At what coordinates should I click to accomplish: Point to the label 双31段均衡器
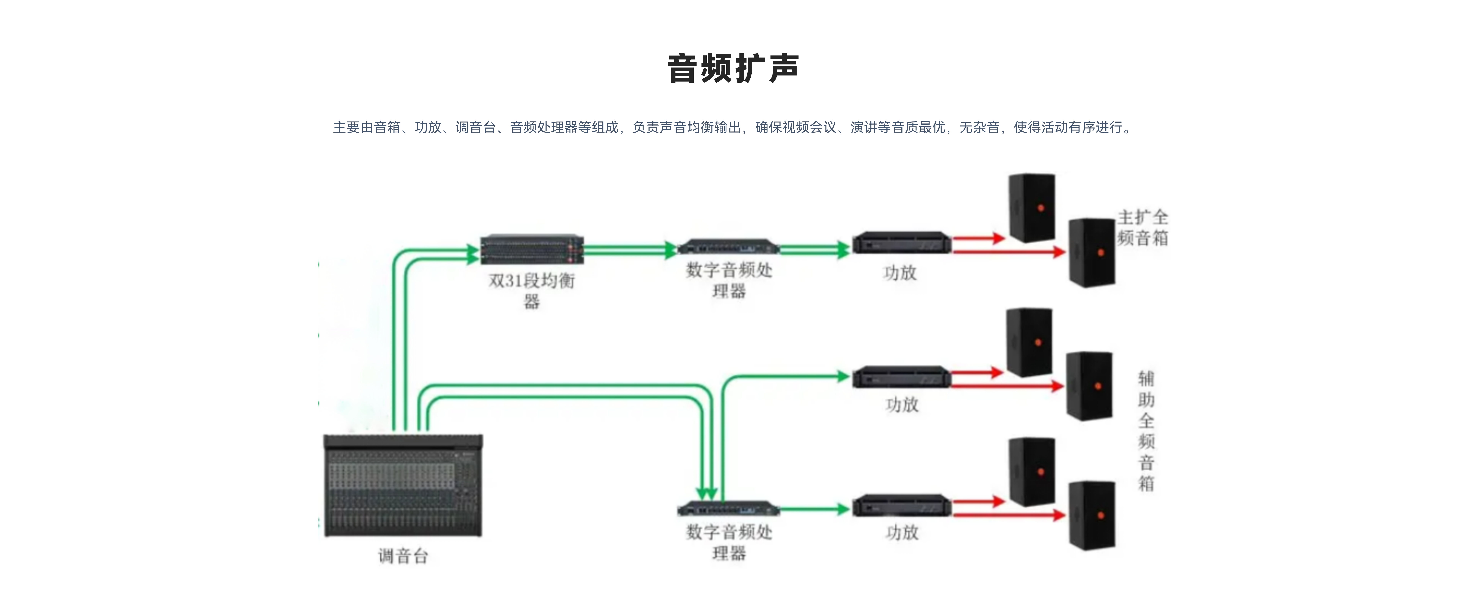tap(531, 290)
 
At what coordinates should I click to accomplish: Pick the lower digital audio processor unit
tap(728, 508)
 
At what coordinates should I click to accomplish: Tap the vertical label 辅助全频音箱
tap(1146, 431)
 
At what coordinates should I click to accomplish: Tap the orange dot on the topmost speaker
tap(1041, 208)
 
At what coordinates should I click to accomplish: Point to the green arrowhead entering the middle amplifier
tap(842, 376)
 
